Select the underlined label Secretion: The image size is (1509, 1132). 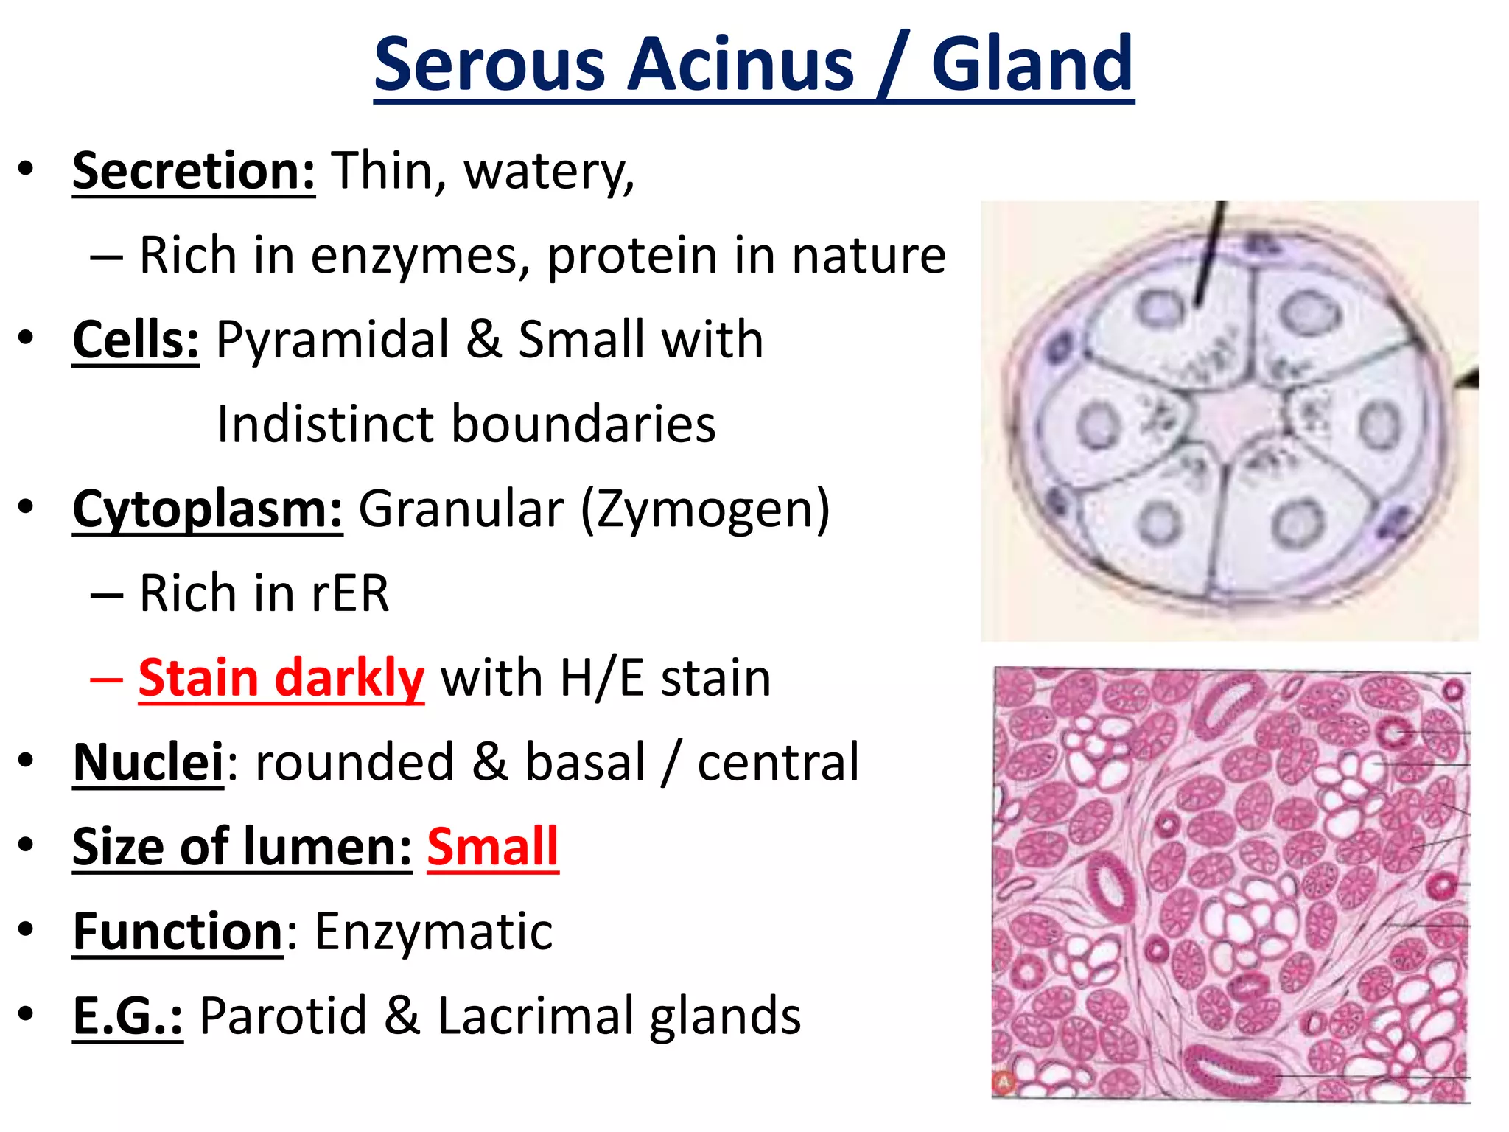pos(194,172)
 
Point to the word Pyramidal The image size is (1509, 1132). pos(332,340)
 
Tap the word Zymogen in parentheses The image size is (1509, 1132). pos(704,510)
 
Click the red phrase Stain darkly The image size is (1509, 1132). pos(281,678)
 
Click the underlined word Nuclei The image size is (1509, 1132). pos(148,763)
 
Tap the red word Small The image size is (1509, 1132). pos(492,848)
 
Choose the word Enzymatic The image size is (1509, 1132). pos(433,932)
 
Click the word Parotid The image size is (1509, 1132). pos(283,1016)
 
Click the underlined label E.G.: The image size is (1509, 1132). pos(127,1016)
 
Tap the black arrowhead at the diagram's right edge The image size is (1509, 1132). pos(1469,379)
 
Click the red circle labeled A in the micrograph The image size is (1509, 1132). pos(1004,1082)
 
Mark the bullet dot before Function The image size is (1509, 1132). pos(27,930)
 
